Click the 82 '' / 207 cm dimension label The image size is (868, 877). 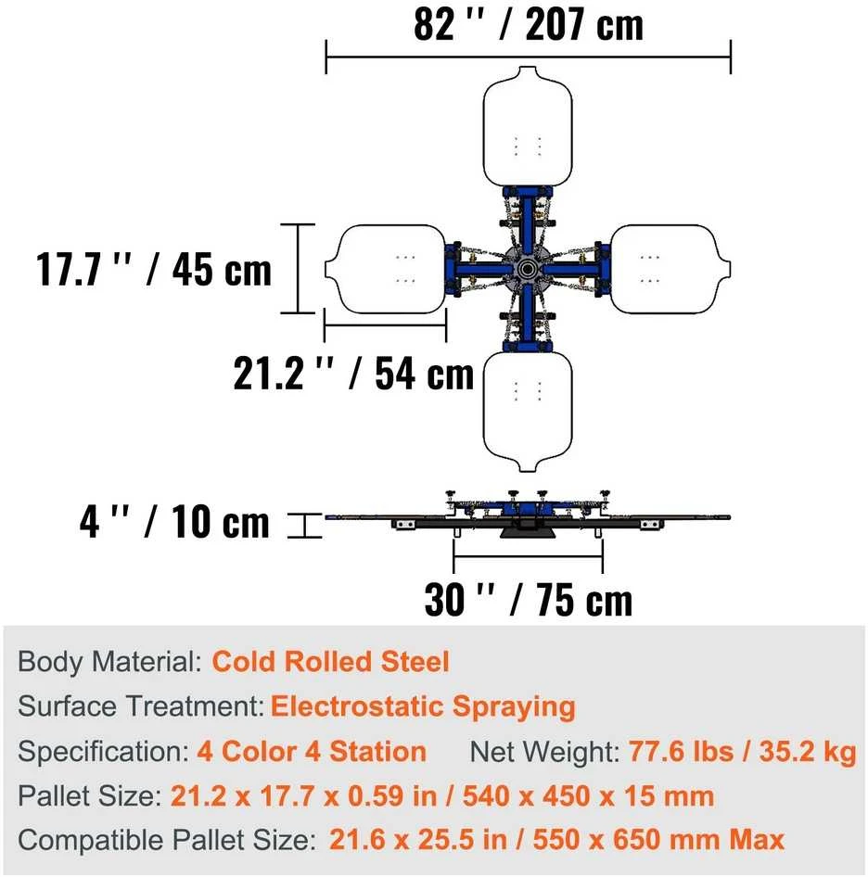click(529, 25)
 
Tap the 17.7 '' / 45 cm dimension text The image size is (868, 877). click(153, 270)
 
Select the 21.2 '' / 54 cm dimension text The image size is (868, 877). click(353, 373)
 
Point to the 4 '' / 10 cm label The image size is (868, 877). click(174, 521)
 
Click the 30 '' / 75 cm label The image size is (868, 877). click(529, 600)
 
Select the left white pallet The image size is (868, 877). click(386, 269)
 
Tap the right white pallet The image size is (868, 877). click(670, 269)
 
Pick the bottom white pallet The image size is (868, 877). click(528, 412)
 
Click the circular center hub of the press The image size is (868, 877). click(527, 269)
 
